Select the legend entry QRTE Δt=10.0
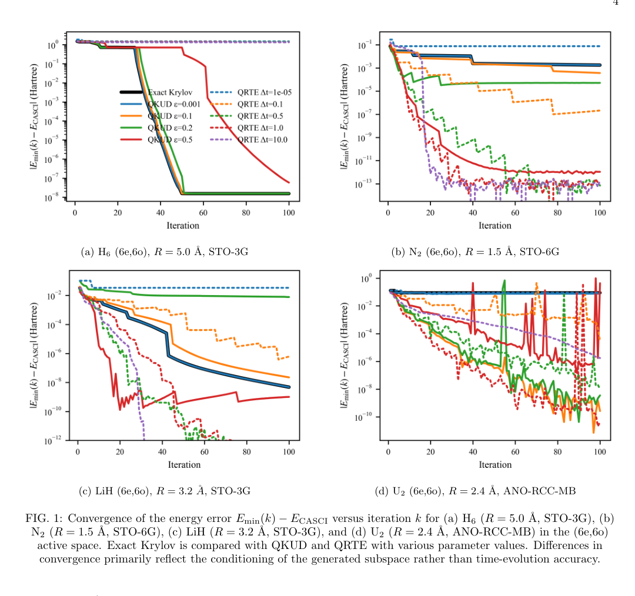coord(262,139)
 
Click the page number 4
coord(616,3)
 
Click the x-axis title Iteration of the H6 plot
coord(183,226)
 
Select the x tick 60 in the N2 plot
coord(515,212)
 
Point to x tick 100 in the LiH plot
coord(289,452)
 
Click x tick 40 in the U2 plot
coord(473,452)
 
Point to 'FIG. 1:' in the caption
coord(44,518)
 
